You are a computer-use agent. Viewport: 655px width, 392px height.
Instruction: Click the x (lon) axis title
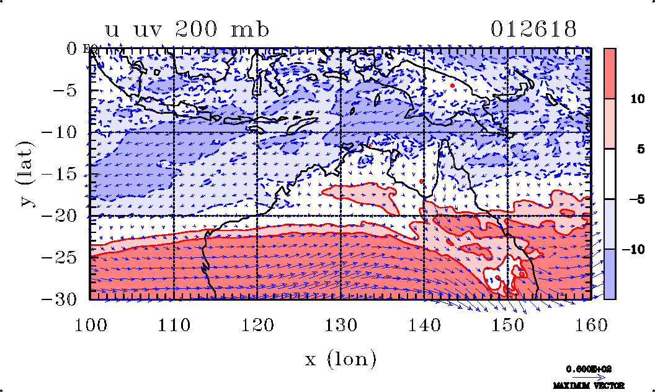pos(341,358)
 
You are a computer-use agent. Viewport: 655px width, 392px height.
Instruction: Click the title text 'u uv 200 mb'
pos(188,29)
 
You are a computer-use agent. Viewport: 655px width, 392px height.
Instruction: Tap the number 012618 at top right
pos(534,29)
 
